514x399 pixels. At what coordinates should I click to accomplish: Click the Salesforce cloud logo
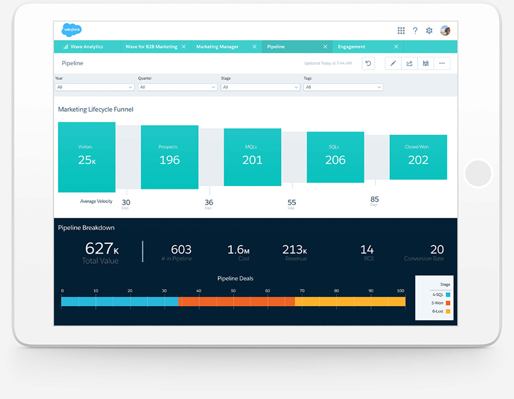point(71,30)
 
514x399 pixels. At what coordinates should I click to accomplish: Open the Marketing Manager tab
point(218,47)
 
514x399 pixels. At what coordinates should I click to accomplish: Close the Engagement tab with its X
point(396,47)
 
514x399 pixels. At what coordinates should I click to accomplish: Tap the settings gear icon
point(429,31)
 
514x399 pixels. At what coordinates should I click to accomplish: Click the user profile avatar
point(445,31)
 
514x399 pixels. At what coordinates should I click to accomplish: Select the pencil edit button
point(393,63)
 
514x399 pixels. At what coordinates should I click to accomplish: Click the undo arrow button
point(368,63)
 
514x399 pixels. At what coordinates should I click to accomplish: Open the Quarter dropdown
point(178,87)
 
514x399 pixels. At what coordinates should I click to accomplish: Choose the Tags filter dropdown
point(343,87)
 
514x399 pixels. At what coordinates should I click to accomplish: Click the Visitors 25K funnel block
point(86,157)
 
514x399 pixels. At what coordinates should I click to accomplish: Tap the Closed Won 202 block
point(418,157)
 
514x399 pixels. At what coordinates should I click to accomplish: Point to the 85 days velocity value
point(375,200)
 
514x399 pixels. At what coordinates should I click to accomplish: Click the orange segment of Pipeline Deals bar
point(236,302)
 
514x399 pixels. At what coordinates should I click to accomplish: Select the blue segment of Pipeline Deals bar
point(120,302)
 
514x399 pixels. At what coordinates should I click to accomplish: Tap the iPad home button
point(478,174)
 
